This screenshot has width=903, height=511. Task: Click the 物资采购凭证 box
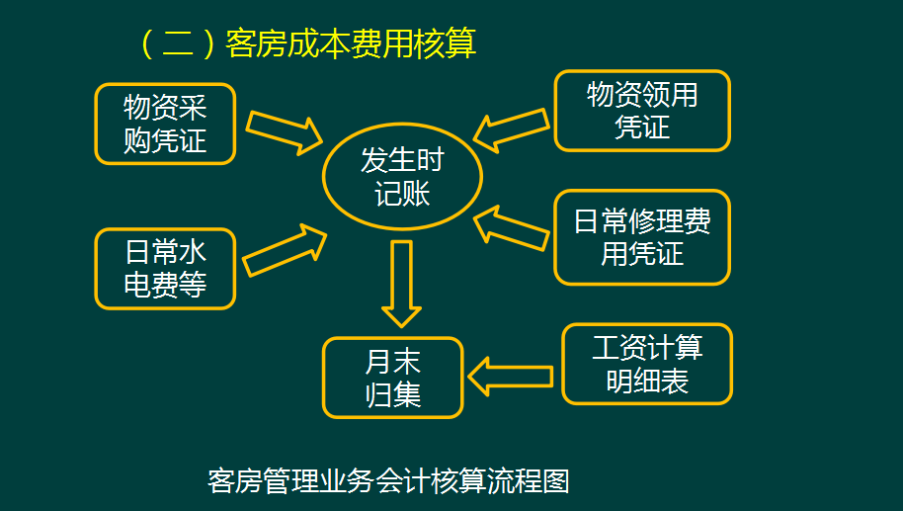(x=165, y=124)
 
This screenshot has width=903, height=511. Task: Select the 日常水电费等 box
(x=165, y=269)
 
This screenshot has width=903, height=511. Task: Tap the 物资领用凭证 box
(x=642, y=110)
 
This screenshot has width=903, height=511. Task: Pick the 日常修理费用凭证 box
(x=642, y=237)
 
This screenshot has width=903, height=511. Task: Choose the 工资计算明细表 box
(x=647, y=364)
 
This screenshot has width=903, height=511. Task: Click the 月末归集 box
(x=392, y=378)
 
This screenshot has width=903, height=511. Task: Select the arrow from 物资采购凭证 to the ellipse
(x=284, y=129)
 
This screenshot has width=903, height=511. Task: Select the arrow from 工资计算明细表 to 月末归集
(x=510, y=376)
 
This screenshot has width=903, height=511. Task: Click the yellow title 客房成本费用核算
(x=351, y=43)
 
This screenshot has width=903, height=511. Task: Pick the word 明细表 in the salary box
(x=647, y=382)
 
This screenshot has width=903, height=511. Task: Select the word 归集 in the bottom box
(x=393, y=395)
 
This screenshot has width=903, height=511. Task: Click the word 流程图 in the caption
(x=536, y=481)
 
